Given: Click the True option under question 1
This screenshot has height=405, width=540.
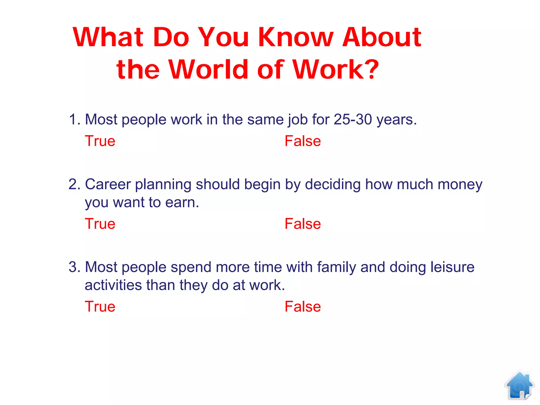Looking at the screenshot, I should point(100,141).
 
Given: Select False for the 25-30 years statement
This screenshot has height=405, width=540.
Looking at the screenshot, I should point(303,141).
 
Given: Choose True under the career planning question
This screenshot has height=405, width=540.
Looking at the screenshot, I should point(100,224).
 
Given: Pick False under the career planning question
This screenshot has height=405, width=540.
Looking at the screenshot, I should point(303,224).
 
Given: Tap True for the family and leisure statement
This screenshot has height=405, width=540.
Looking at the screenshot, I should point(100,307).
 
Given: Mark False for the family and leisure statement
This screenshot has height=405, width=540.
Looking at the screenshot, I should point(303,307).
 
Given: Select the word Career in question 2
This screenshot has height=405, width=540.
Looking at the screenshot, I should point(108,184).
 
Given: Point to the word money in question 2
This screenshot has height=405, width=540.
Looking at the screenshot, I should point(460,185).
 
